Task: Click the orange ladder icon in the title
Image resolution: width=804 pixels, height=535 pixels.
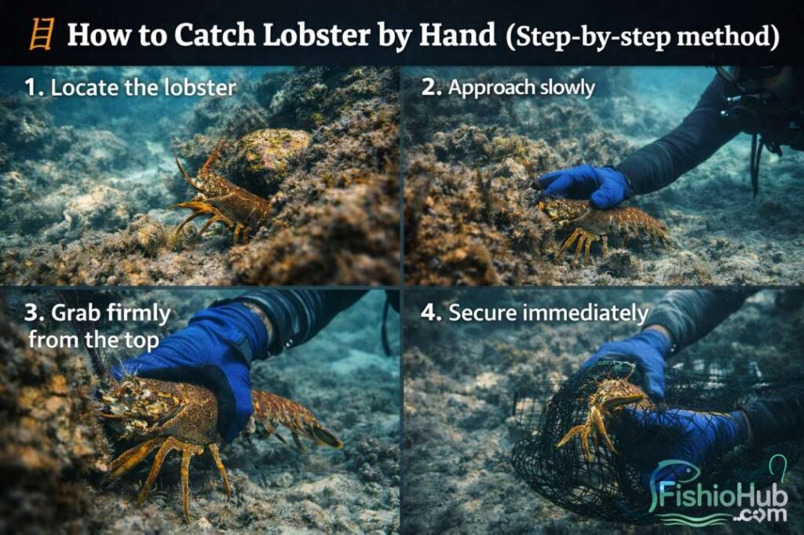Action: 41,36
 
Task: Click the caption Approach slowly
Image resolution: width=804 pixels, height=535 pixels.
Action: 521,88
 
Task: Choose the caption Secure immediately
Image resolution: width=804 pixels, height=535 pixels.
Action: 548,314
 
